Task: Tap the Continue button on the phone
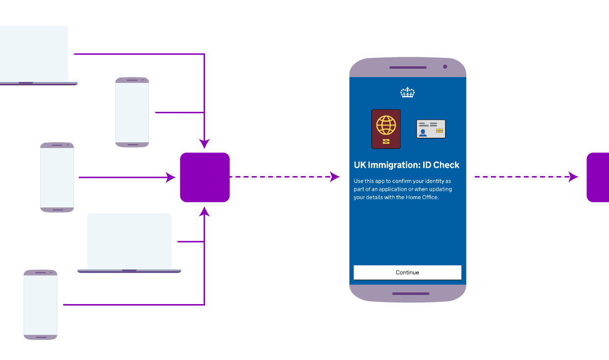407,272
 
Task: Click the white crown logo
407,92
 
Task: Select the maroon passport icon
386,129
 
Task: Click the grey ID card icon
431,129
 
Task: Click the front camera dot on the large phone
445,67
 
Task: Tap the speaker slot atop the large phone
407,67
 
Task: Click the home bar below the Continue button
410,294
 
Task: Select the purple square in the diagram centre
205,177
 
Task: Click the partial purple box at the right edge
598,177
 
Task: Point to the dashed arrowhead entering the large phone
335,177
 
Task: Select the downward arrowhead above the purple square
204,144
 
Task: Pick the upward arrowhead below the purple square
204,211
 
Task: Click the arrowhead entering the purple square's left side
171,178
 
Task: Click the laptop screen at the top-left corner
33,53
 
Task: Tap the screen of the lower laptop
129,241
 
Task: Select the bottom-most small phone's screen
40,304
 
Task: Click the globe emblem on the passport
386,125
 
